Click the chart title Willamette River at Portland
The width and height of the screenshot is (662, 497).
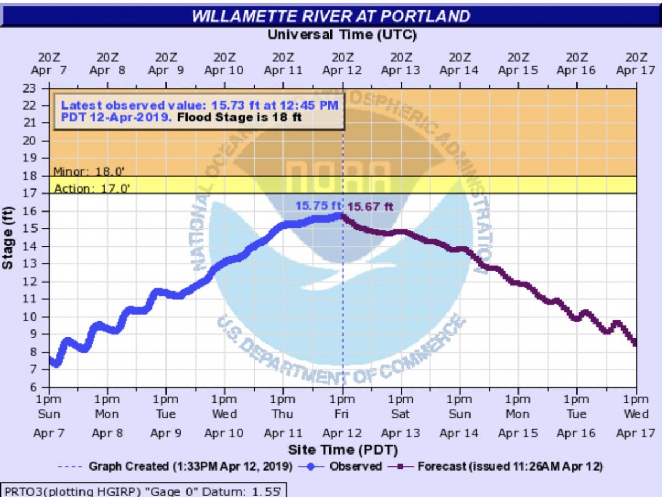pos(330,16)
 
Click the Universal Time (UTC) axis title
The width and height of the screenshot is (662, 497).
pos(341,35)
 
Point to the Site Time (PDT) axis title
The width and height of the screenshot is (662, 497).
pos(342,450)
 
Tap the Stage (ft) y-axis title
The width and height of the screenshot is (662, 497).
pos(8,237)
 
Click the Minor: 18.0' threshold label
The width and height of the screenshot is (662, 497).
pos(92,171)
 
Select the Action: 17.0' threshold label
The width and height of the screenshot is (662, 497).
pos(92,188)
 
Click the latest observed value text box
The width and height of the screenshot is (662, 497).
pos(199,111)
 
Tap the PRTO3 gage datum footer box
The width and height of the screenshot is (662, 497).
pos(145,489)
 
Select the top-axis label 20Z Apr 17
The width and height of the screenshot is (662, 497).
pos(636,63)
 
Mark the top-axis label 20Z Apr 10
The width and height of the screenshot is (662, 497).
pos(224,63)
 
